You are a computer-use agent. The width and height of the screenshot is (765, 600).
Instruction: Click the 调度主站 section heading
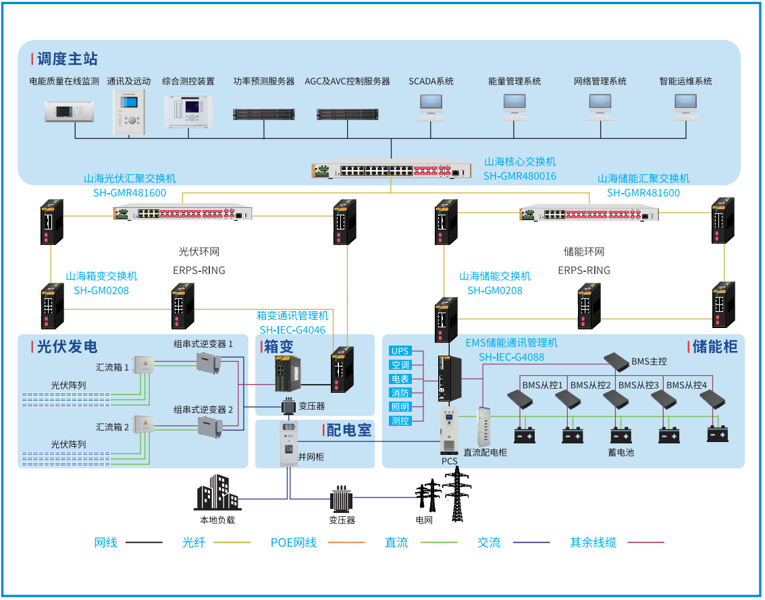[67, 59]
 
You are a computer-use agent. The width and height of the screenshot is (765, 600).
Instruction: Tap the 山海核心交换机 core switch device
[392, 170]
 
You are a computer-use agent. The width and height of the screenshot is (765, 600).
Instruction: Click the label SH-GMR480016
[520, 176]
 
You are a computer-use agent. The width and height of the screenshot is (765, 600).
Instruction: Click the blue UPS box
[400, 351]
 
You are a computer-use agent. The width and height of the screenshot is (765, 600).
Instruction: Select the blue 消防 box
[400, 393]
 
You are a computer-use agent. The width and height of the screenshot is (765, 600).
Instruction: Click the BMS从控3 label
[639, 385]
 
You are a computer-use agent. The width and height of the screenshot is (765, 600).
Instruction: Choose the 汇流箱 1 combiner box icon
[143, 365]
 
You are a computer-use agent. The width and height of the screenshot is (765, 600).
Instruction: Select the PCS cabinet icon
[449, 431]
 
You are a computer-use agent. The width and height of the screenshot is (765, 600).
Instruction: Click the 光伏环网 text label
[199, 252]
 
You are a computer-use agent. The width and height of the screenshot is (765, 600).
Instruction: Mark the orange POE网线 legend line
[346, 542]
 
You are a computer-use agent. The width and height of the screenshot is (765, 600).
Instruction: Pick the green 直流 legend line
[439, 542]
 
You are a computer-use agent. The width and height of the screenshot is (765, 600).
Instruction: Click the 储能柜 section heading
[714, 347]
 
